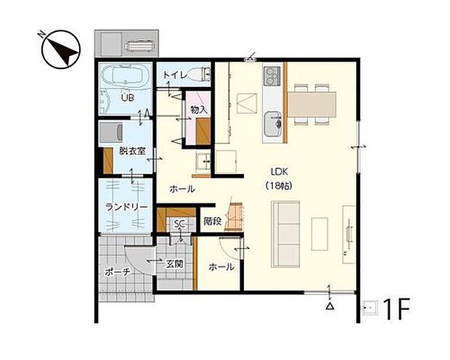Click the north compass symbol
(x=60, y=49)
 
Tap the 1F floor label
(x=396, y=309)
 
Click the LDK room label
(x=279, y=172)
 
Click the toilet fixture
(x=200, y=74)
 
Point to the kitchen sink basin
(x=273, y=124)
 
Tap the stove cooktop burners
(x=271, y=75)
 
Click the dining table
(x=311, y=105)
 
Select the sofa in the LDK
(x=285, y=234)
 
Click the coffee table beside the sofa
(x=319, y=234)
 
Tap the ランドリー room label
(x=126, y=208)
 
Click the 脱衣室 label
(x=132, y=151)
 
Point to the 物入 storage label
(x=199, y=110)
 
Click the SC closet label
(x=179, y=224)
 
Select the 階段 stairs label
(x=213, y=221)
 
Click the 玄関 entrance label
(x=175, y=263)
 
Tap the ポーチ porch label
(x=118, y=271)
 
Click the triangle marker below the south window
(x=330, y=306)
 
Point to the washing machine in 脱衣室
(x=111, y=132)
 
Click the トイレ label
(x=176, y=75)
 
